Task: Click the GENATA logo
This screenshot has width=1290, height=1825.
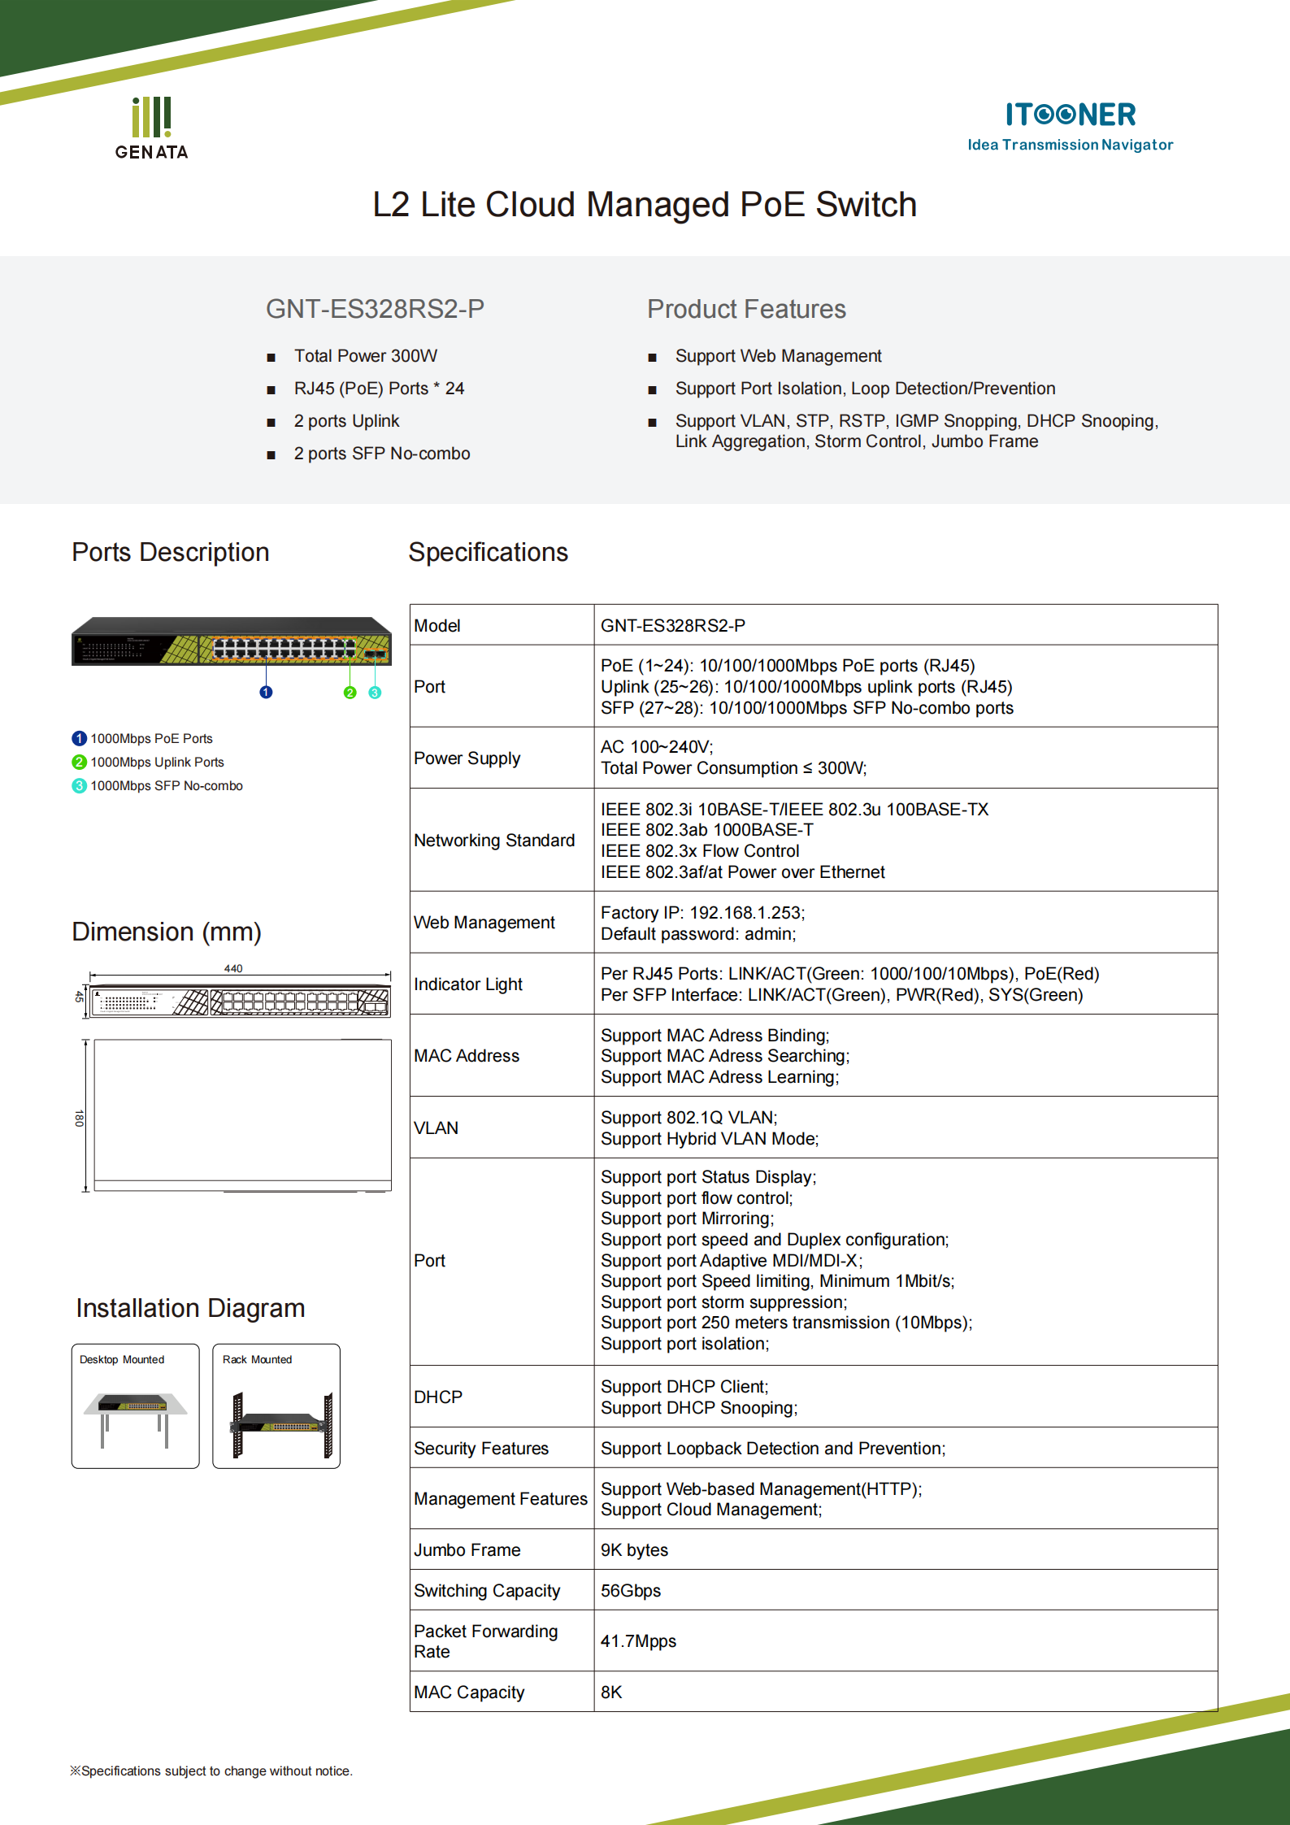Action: [x=151, y=128]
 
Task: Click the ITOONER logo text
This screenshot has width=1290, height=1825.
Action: [x=1070, y=115]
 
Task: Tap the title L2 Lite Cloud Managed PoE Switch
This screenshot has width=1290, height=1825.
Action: [x=645, y=205]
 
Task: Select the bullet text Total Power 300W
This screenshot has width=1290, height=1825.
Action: [x=365, y=356]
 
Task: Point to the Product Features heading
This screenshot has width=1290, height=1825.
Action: [x=746, y=309]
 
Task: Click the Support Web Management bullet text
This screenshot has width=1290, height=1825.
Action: [x=778, y=356]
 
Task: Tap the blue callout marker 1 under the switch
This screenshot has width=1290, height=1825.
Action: [x=266, y=692]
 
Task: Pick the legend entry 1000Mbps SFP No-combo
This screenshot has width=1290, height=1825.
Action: [x=166, y=786]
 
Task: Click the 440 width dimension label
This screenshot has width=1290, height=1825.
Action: [x=233, y=968]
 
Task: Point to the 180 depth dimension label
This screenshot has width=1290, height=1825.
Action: [x=79, y=1118]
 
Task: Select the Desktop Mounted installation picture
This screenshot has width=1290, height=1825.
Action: [x=135, y=1406]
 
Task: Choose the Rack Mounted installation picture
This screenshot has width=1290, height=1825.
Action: [x=276, y=1406]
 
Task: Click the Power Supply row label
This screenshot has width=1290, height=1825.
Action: [x=467, y=758]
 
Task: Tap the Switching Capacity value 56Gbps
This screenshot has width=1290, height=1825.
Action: [x=631, y=1591]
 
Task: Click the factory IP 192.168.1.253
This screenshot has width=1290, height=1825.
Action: [x=745, y=913]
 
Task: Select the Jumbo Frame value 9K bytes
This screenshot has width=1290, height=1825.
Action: [x=634, y=1550]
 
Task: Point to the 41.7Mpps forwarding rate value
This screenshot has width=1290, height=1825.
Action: [x=638, y=1641]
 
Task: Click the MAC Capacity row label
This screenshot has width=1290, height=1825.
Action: [x=469, y=1692]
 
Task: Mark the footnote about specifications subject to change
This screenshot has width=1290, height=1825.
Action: [x=211, y=1771]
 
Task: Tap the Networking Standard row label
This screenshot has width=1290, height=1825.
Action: [x=494, y=841]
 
